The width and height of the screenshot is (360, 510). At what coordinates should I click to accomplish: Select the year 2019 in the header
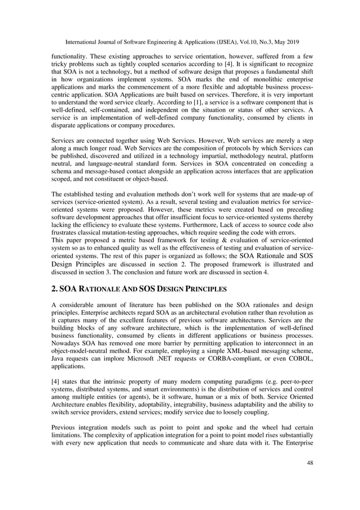pyautogui.click(x=288, y=42)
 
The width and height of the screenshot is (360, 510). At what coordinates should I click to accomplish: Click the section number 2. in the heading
pyautogui.click(x=55, y=290)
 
